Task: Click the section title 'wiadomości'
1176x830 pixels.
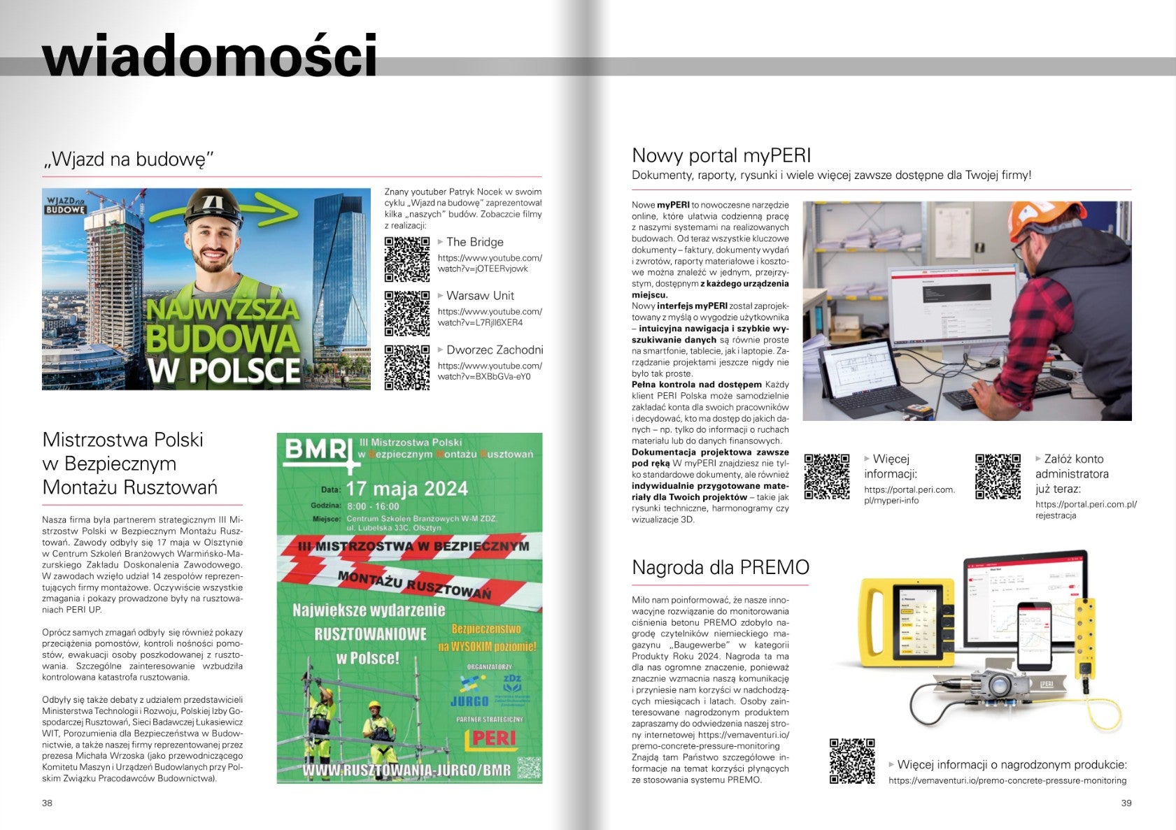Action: (210, 56)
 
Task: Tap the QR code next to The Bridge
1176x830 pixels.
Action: (407, 259)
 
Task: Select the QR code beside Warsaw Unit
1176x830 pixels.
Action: (407, 313)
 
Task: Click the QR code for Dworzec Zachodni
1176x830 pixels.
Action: (407, 367)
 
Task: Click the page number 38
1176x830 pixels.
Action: (47, 803)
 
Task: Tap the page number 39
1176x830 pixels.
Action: (1126, 803)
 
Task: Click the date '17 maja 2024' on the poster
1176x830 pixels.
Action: (406, 488)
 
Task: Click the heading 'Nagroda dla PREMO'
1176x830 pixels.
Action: (720, 567)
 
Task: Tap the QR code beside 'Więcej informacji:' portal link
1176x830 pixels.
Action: (826, 477)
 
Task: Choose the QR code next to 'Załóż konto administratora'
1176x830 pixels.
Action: (998, 477)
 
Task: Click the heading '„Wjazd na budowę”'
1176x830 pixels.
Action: (127, 159)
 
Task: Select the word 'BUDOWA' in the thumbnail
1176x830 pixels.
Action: (223, 338)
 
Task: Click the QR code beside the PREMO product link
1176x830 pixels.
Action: (852, 761)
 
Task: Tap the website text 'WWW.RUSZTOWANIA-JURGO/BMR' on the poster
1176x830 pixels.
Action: (406, 770)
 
